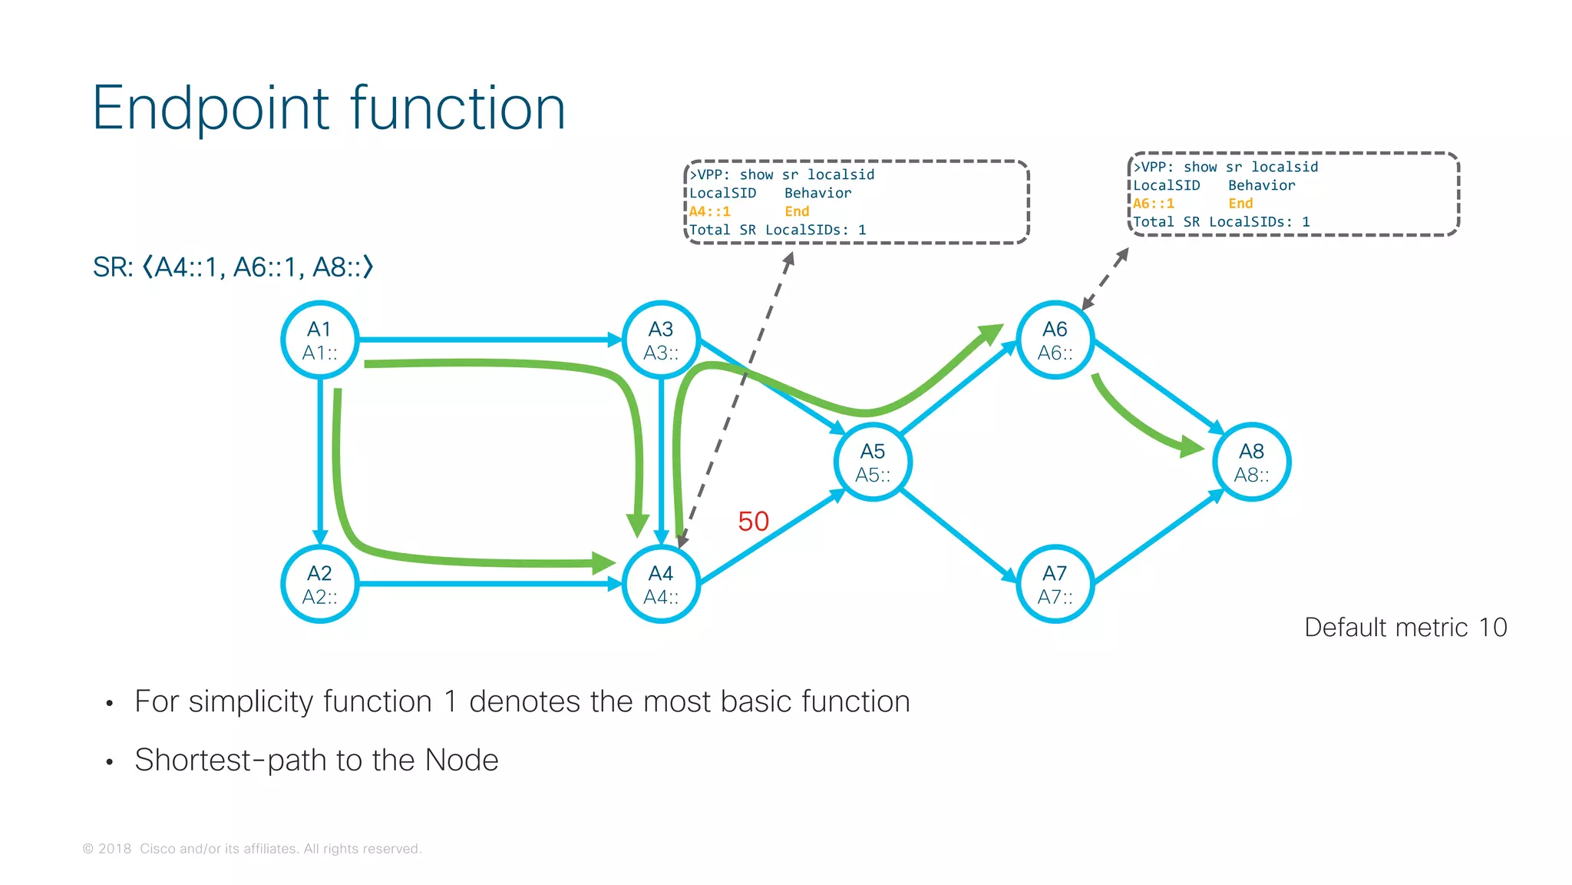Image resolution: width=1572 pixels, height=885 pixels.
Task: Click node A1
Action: point(320,340)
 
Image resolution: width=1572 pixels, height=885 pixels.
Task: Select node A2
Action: point(320,584)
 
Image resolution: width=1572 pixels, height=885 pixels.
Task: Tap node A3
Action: point(661,340)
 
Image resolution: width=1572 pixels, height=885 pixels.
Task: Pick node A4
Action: point(661,584)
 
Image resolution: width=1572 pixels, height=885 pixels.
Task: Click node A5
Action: point(873,462)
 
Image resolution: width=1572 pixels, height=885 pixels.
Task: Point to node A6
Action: point(1055,340)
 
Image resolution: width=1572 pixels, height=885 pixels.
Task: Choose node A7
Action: point(1055,584)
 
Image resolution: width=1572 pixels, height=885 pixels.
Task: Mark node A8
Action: point(1252,462)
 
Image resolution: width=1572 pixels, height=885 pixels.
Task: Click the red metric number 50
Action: point(753,522)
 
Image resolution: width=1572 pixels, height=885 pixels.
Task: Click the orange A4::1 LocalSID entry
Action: point(710,211)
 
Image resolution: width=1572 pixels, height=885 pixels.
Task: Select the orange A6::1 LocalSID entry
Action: point(1154,204)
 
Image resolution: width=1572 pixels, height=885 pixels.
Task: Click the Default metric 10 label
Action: point(1405,628)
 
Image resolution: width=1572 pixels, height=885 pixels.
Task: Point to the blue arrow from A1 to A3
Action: point(490,340)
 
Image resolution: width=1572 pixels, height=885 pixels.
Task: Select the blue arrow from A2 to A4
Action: point(490,584)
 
